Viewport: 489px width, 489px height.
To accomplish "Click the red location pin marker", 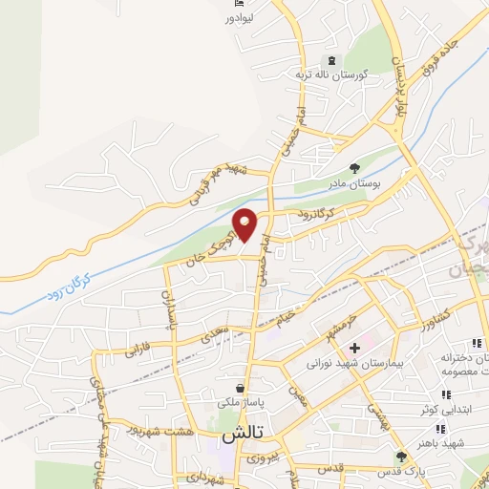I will click(245, 225).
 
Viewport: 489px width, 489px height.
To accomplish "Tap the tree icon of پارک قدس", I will click(402, 456).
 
